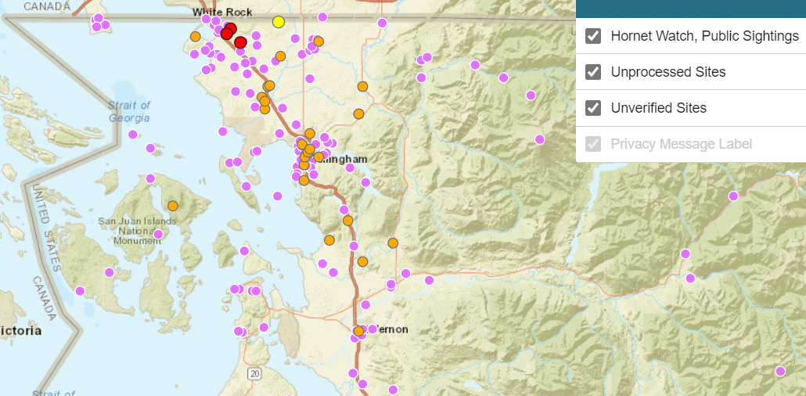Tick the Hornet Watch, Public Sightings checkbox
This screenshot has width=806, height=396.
pos(593,36)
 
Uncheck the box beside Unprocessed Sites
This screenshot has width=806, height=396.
pos(593,72)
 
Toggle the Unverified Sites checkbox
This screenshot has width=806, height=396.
pos(593,108)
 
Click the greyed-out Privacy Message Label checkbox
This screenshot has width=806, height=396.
pos(593,144)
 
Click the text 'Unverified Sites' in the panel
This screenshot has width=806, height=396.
pos(658,108)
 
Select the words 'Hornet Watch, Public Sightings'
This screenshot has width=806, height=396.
pos(704,36)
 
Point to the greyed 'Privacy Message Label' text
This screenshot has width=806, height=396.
pos(681,144)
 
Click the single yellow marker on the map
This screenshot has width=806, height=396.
pos(278,22)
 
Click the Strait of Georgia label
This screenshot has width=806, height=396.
pos(130,112)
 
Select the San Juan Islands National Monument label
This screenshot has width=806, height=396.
pos(137,231)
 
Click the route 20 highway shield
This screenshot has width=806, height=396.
pos(254,374)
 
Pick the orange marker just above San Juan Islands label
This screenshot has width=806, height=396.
pos(172,206)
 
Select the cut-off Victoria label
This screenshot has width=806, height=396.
pos(19,331)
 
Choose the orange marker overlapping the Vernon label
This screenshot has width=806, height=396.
pos(358,331)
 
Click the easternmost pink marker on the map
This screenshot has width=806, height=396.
pos(780,371)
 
